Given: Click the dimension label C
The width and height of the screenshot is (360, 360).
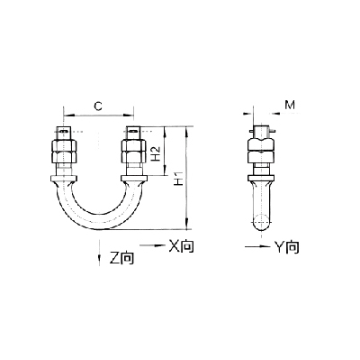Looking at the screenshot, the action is click(98, 106).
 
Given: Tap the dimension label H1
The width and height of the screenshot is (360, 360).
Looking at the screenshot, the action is click(179, 178).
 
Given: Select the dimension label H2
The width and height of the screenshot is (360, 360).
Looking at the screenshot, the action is click(156, 153).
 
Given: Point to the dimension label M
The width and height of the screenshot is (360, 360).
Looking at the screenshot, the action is click(290, 105).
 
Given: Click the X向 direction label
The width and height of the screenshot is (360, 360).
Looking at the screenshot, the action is click(181, 245).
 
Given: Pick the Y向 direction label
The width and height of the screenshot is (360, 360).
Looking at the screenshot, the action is click(287, 247).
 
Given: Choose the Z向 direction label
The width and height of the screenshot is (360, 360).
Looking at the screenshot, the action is click(121, 258).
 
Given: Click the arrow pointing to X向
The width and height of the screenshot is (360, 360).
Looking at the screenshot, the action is click(153, 245).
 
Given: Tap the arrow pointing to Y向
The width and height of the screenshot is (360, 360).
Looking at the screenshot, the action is click(257, 246).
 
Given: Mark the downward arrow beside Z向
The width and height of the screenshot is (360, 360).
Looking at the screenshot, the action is click(99, 253).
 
